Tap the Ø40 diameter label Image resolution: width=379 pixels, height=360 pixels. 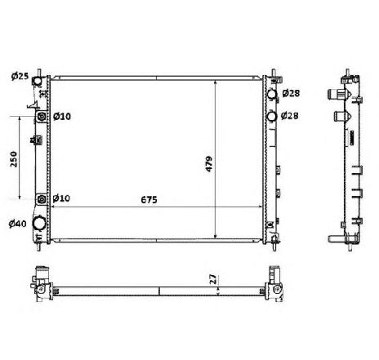17,224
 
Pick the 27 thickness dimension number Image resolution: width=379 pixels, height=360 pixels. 213,279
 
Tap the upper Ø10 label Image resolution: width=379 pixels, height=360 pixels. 62,117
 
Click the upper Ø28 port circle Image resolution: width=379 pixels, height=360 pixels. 272,96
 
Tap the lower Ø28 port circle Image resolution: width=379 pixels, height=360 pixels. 272,116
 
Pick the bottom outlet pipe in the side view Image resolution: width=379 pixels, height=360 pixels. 335,239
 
